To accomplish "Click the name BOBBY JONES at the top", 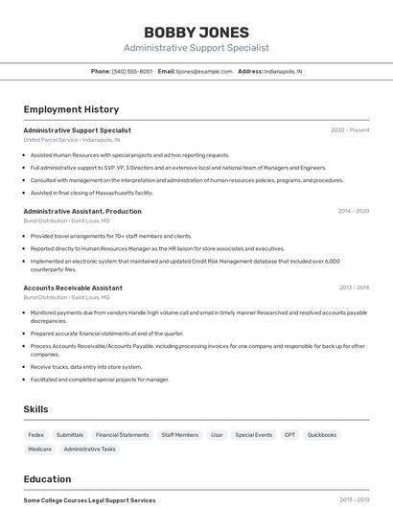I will pyautogui.click(x=196, y=32).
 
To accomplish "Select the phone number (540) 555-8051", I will pyautogui.click(x=132, y=71).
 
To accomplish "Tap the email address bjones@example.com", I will pyautogui.click(x=206, y=71).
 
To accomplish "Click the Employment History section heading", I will pyautogui.click(x=71, y=109).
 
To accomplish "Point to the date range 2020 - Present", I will pyautogui.click(x=350, y=130).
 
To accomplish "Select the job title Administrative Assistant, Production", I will pyautogui.click(x=82, y=211).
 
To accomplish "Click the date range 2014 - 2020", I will pyautogui.click(x=353, y=211).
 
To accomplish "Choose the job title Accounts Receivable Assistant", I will pyautogui.click(x=73, y=288).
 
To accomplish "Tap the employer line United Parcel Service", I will pyautogui.click(x=72, y=140).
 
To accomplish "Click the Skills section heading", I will pyautogui.click(x=35, y=409).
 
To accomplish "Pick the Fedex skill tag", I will pyautogui.click(x=36, y=435).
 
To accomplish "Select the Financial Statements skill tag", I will pyautogui.click(x=122, y=435).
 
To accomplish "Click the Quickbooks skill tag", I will pyautogui.click(x=322, y=435).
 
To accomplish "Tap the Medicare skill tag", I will pyautogui.click(x=39, y=449).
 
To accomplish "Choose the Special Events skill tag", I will pyautogui.click(x=253, y=435).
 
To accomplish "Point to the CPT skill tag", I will pyautogui.click(x=289, y=435).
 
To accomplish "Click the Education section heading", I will pyautogui.click(x=47, y=479).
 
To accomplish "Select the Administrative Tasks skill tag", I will pyautogui.click(x=89, y=449).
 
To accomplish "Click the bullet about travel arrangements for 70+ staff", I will pyautogui.click(x=110, y=236).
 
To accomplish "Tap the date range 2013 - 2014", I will pyautogui.click(x=354, y=288).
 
